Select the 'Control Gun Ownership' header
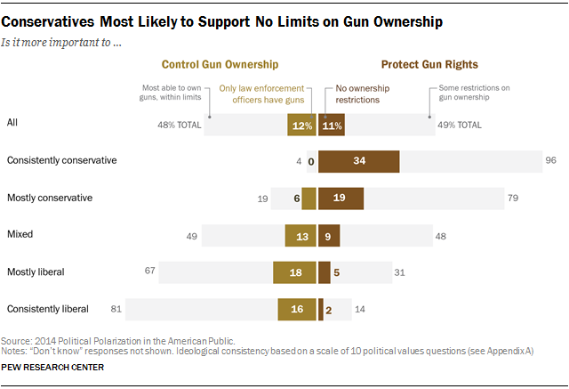[x=220, y=64]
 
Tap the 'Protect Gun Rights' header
[x=429, y=64]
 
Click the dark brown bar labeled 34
[x=358, y=161]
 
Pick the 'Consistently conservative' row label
[x=62, y=160]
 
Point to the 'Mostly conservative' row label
[x=50, y=197]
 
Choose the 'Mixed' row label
[x=21, y=234]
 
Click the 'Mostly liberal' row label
[x=37, y=271]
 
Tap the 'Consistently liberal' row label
[x=48, y=309]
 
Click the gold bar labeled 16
[x=297, y=309]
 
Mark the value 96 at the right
[x=549, y=161]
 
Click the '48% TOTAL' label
[x=179, y=125]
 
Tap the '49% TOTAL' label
[x=459, y=125]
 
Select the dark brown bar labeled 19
[x=341, y=199]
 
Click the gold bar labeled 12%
[x=302, y=125]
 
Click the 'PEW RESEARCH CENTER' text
[x=52, y=367]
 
